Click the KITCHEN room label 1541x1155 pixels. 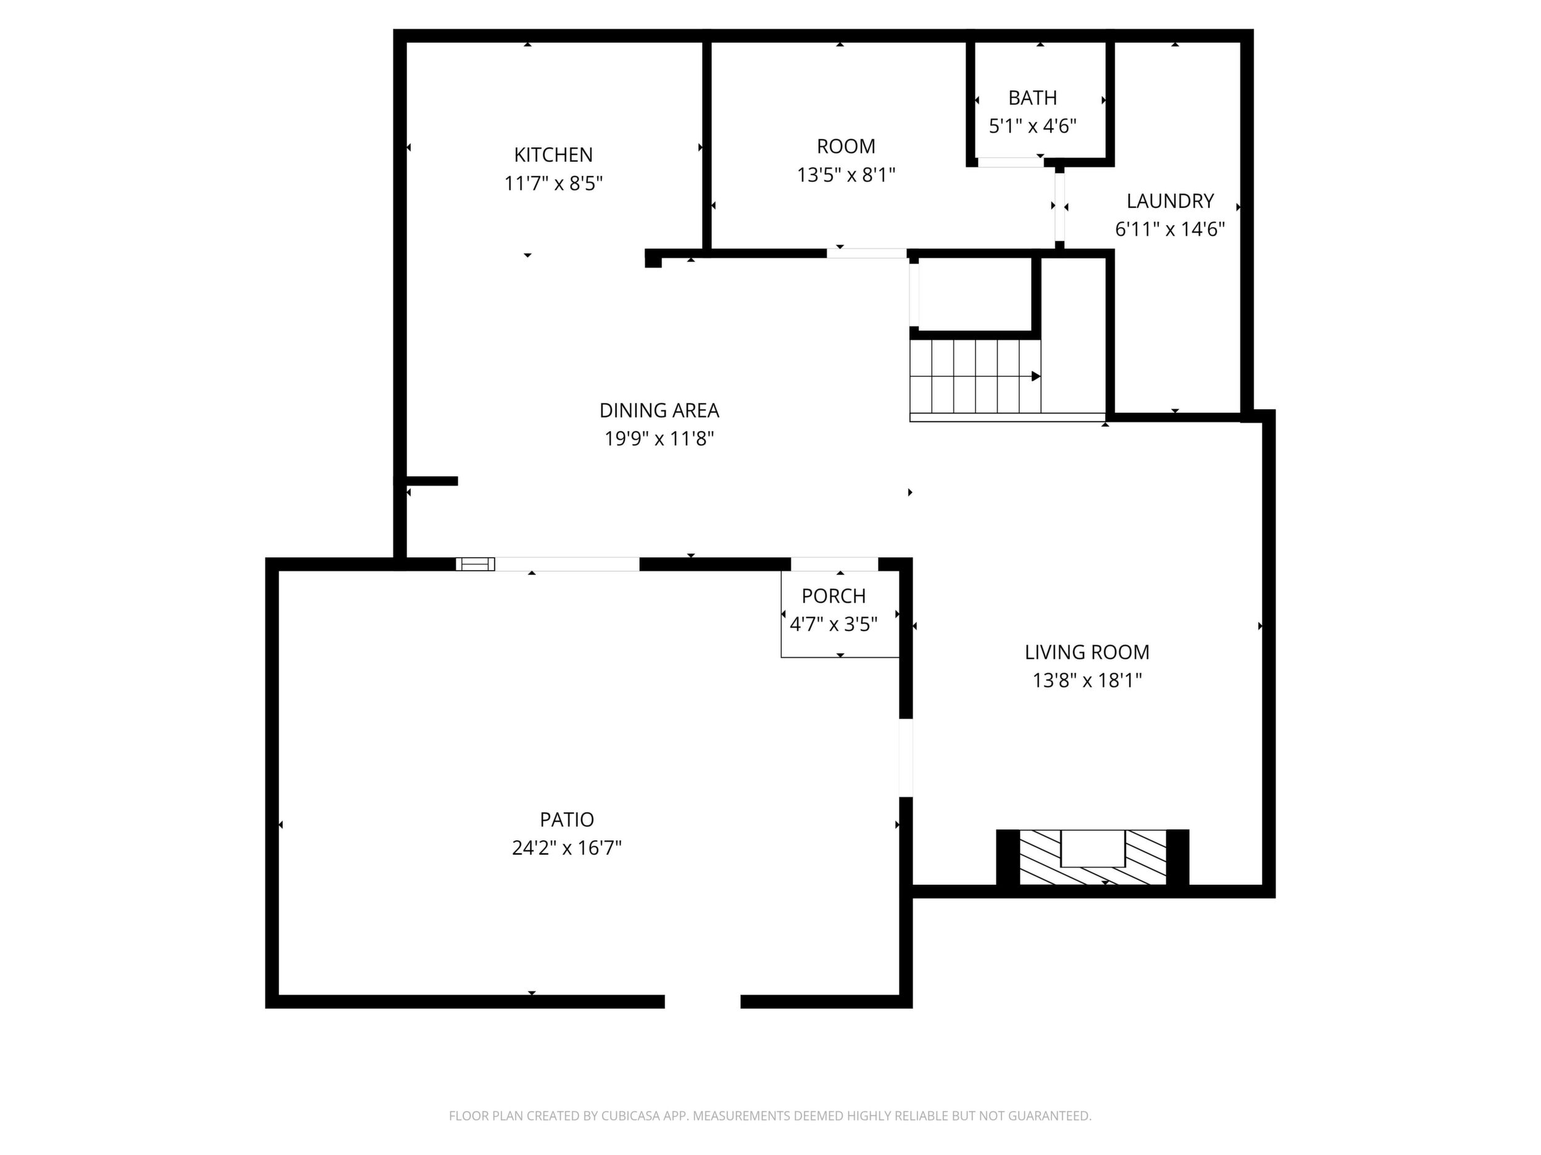click(553, 155)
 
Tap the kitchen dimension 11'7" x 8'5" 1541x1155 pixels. click(553, 184)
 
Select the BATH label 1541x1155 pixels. click(1032, 97)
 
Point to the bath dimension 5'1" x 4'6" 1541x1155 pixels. click(1032, 126)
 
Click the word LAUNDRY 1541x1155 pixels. click(1170, 201)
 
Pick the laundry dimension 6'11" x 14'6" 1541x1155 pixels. click(1170, 229)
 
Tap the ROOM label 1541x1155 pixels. click(846, 146)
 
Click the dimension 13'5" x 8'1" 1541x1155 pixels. click(846, 175)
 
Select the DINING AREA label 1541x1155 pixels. click(659, 411)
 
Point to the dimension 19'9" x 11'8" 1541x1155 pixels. click(659, 439)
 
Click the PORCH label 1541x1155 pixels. click(833, 596)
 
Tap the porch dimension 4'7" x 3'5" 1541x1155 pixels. click(833, 624)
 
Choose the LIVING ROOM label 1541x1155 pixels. click(1087, 652)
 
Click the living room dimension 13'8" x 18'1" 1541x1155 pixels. click(1087, 680)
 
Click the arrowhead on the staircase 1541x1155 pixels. click(1036, 376)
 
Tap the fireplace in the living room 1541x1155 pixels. click(1092, 858)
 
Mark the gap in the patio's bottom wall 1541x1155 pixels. click(702, 1001)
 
